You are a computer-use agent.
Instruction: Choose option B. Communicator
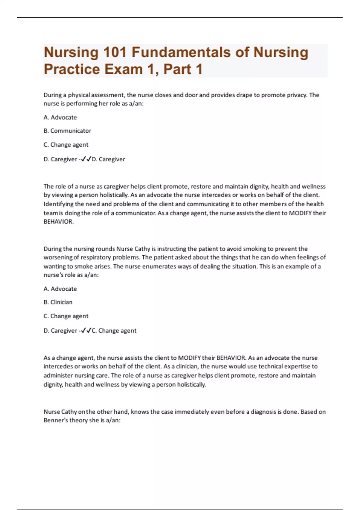[x=67, y=131]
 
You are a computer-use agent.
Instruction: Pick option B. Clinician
[x=58, y=302]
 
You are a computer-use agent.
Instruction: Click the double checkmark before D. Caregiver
[x=86, y=159]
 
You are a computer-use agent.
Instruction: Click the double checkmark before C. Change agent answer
[x=86, y=330]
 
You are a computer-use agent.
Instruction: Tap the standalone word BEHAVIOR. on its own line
[x=58, y=222]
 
